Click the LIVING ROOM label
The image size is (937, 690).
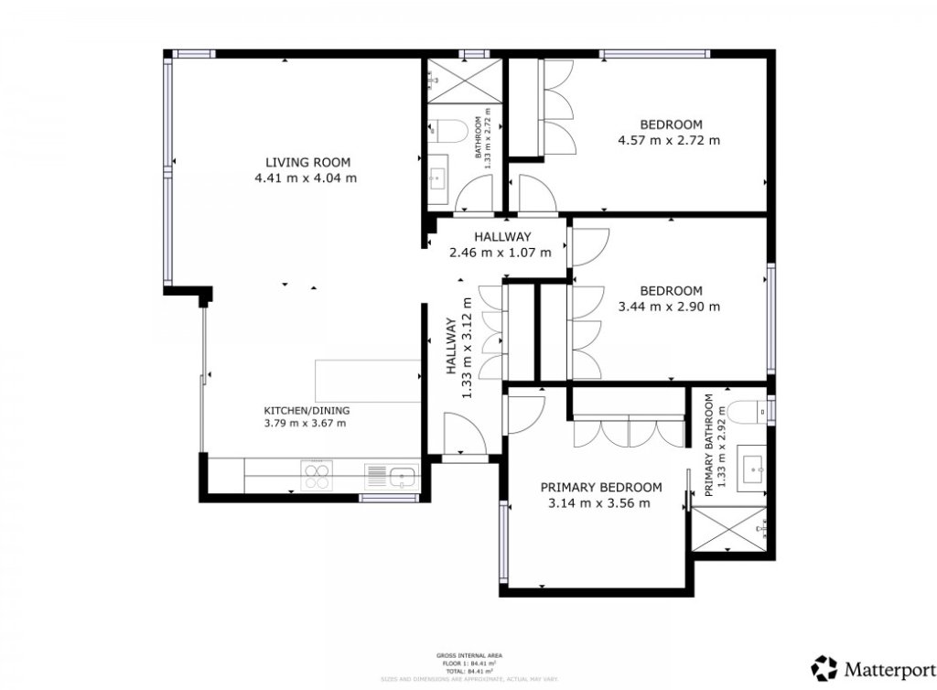tap(305, 162)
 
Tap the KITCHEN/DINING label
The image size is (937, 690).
tap(307, 410)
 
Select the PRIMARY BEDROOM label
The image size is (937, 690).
tap(600, 487)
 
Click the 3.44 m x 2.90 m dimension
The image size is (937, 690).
tap(669, 307)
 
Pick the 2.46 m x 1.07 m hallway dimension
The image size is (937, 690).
tap(500, 252)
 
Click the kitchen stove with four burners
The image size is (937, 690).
tap(317, 476)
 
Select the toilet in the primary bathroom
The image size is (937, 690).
tap(751, 412)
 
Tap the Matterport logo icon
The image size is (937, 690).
tap(824, 667)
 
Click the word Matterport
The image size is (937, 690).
tap(887, 668)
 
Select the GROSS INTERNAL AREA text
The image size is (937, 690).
tap(468, 656)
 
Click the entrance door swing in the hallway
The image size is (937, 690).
tap(462, 433)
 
